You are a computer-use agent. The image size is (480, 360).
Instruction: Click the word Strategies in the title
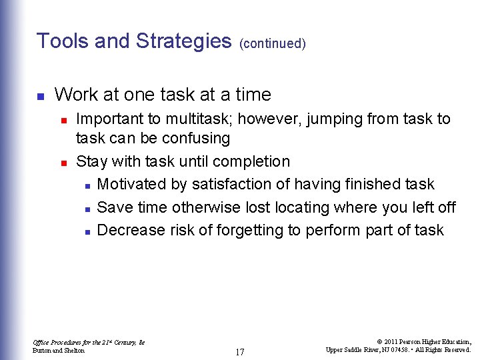[183, 41]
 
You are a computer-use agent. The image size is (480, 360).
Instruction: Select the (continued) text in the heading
[273, 44]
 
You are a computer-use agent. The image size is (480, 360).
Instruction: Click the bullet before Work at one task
[40, 96]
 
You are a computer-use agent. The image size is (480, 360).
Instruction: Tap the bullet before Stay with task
[63, 163]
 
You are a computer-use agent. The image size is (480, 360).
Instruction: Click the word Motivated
[132, 184]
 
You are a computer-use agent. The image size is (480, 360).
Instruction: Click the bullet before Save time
[87, 209]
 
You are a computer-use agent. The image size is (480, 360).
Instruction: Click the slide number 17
[239, 352]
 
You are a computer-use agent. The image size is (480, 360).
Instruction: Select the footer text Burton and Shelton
[59, 350]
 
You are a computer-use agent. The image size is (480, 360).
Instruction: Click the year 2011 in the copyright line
[391, 341]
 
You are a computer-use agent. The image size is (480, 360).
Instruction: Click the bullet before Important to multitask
[63, 120]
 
